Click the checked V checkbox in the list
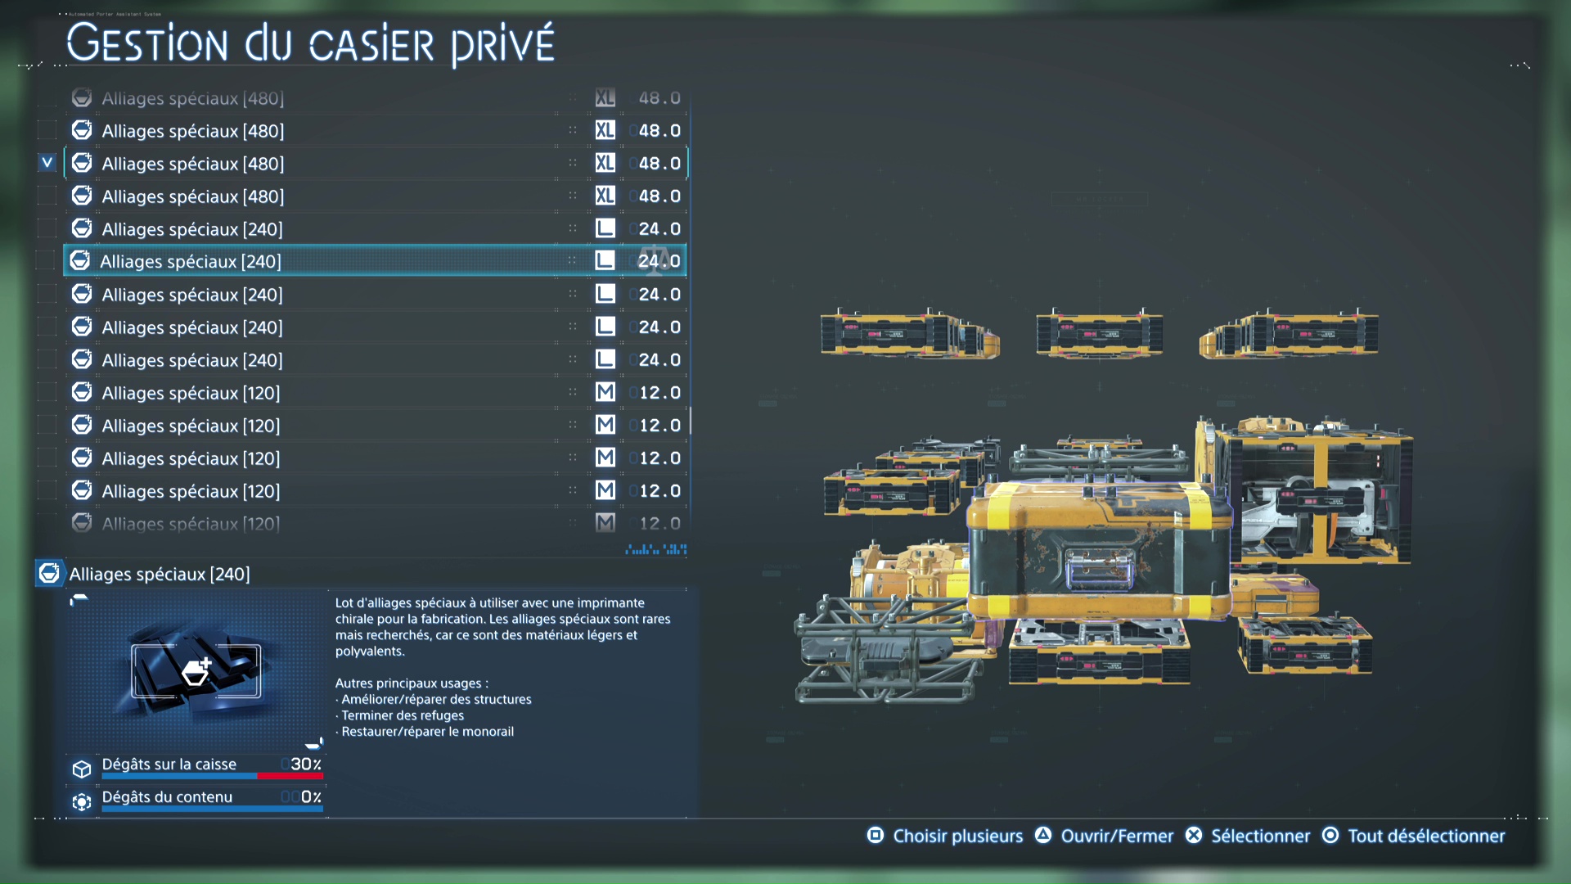47,163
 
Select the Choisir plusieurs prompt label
957,836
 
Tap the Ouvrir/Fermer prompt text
1117,836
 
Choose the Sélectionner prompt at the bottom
1260,836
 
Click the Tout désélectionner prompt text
1426,836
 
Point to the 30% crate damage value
305,764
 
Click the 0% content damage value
311,796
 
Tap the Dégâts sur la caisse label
169,764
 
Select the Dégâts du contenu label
167,796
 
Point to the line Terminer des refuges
403,715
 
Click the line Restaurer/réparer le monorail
427,732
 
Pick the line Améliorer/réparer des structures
436,699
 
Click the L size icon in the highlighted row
605,261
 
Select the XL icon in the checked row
605,163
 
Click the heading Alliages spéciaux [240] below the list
160,574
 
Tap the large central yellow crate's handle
1099,566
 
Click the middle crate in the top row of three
1099,333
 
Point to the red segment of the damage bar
290,776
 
